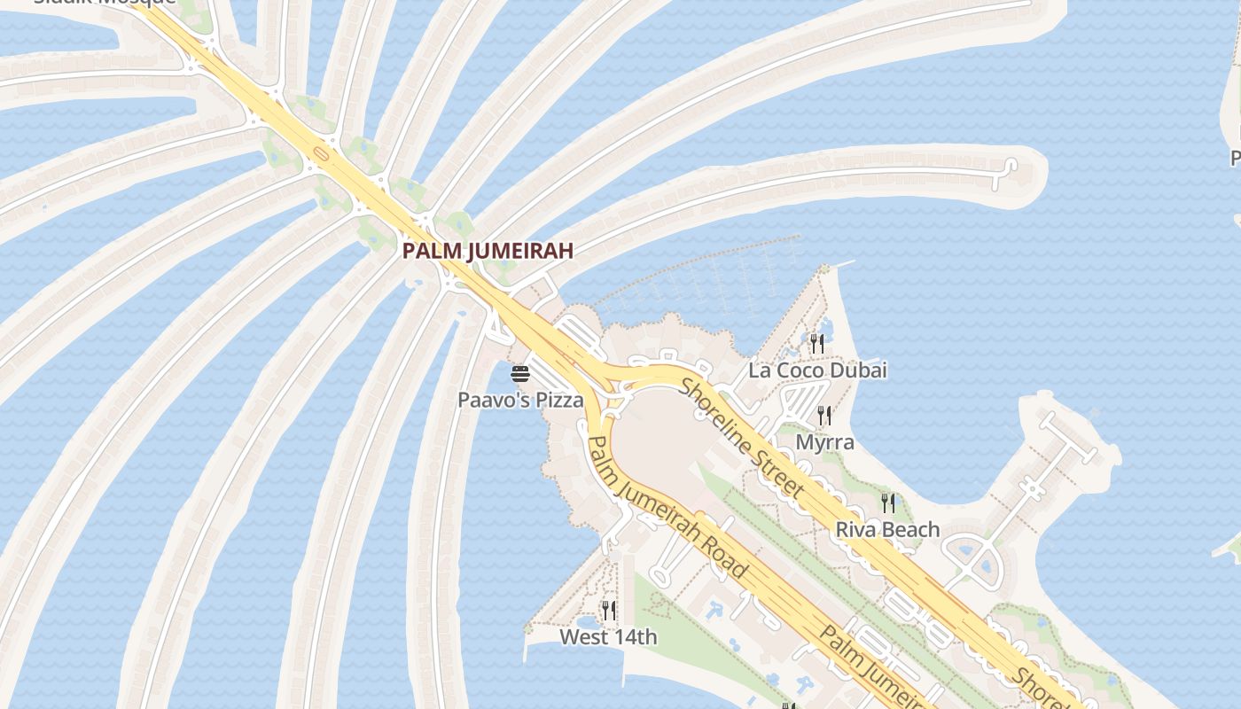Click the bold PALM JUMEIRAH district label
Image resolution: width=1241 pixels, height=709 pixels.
(x=488, y=251)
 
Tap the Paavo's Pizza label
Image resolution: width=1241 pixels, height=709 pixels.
(x=520, y=400)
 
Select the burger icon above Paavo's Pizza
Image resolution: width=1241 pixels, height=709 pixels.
(x=520, y=374)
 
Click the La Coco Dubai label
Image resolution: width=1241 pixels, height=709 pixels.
(x=817, y=370)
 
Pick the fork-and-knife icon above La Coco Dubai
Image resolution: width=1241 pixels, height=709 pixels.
(x=817, y=344)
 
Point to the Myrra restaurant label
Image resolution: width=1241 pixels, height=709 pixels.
(x=824, y=441)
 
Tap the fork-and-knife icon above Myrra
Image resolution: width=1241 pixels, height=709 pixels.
(x=824, y=415)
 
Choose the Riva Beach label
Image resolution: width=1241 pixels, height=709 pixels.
(x=887, y=530)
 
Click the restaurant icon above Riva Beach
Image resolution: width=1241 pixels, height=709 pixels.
(x=887, y=503)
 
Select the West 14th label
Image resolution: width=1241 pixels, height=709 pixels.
(x=608, y=636)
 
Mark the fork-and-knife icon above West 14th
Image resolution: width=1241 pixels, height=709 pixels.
(x=608, y=610)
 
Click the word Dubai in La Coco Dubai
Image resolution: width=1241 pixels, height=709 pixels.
(x=860, y=370)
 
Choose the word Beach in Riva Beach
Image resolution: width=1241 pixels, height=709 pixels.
(x=912, y=530)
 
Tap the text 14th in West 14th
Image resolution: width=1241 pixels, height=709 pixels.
(x=636, y=636)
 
